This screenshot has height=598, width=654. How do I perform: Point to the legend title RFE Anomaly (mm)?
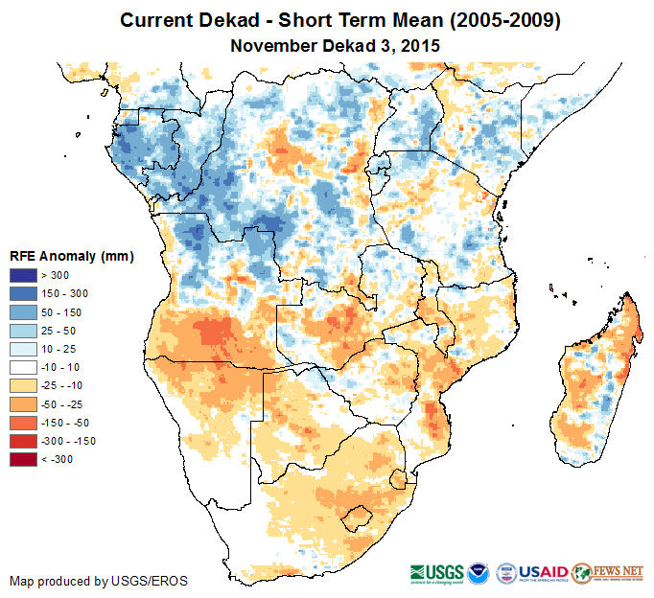pos(72,257)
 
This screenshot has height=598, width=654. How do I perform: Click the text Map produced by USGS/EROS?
pos(99,582)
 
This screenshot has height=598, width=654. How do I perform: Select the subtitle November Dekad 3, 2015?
pos(336,44)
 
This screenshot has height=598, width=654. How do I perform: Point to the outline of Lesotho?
pos(359,518)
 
